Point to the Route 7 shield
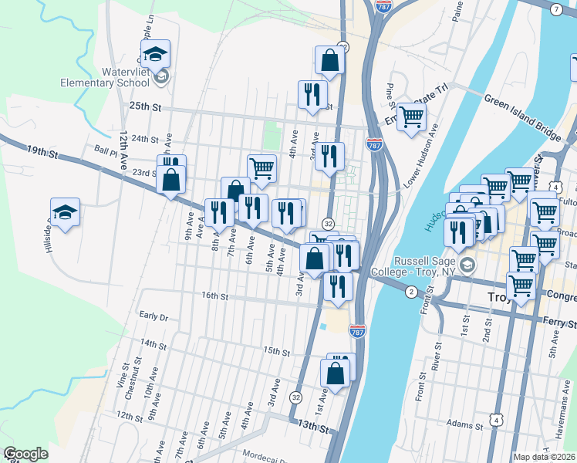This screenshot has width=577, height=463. coord(556,8)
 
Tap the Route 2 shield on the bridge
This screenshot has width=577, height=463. coord(411,291)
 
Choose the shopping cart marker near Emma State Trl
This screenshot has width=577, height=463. coord(412,117)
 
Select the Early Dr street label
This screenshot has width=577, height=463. coord(154,316)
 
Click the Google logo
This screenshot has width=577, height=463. coord(25,454)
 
